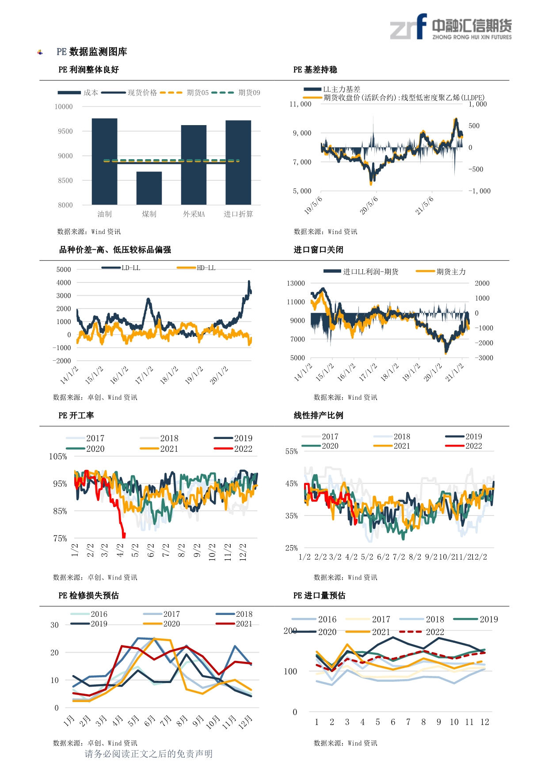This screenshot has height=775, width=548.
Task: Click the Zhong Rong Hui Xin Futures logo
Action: coord(451,27)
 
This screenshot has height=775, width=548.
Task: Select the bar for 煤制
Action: coord(149,188)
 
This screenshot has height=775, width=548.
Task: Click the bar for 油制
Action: coord(104,161)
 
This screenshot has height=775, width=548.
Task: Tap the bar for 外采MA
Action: coord(194,165)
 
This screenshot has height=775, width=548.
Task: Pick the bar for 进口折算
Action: coord(238,162)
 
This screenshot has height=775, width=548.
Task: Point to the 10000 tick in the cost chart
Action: coord(64,107)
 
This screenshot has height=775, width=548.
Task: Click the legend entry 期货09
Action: coord(236,92)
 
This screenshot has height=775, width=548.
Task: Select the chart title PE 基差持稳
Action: coord(315,69)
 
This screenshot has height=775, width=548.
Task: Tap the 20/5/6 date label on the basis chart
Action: coord(369,206)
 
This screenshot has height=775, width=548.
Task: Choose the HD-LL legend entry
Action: coord(196,268)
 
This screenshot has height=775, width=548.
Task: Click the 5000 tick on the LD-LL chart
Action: coord(64,269)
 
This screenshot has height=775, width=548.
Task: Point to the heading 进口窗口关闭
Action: coord(318,250)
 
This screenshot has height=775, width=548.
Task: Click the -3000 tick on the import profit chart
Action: coord(484,358)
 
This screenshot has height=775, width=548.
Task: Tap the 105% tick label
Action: coord(58,456)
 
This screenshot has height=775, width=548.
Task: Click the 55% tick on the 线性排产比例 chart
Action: coord(292,451)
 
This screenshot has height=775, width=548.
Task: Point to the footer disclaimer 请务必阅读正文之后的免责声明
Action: coord(148,754)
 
